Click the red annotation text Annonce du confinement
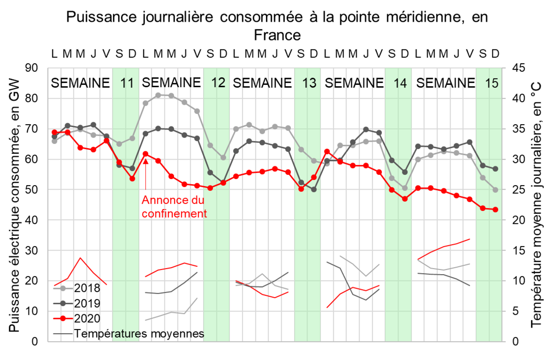pos(173,207)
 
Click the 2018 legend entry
pos(87,288)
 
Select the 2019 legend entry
pos(87,303)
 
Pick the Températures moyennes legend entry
pos(138,333)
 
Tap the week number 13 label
pos(309,84)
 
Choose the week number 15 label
pos(491,84)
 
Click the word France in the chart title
pos(277,35)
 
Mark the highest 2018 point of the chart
pos(158,95)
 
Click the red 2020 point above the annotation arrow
pos(145,154)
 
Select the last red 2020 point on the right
pos(495,210)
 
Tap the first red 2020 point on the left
pos(54,132)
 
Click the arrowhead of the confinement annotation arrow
pos(145,161)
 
